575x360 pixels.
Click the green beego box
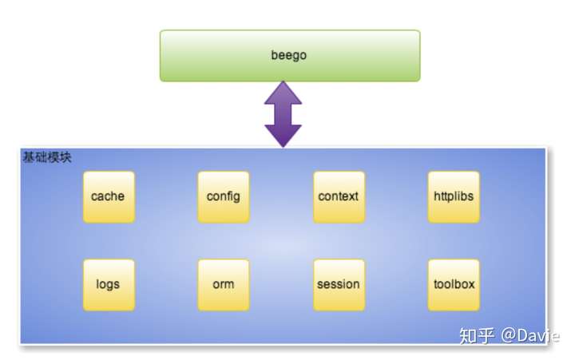pos(289,56)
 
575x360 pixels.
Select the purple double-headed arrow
pos(283,114)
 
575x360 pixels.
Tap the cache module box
pos(109,196)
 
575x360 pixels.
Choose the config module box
pos(224,196)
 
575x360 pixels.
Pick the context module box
pos(339,196)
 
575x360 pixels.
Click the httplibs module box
pos(454,196)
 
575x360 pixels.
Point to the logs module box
pos(109,284)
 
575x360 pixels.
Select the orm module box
pos(224,284)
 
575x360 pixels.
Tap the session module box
pos(339,284)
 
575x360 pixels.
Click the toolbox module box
pos(454,284)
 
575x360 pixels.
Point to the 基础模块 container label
pos(46,157)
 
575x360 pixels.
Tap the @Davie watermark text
pos(530,335)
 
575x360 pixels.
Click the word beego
pos(289,56)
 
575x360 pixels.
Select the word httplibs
pos(454,196)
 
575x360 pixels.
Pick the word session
pos(339,284)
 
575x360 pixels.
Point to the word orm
pos(224,284)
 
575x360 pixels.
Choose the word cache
pos(108,196)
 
